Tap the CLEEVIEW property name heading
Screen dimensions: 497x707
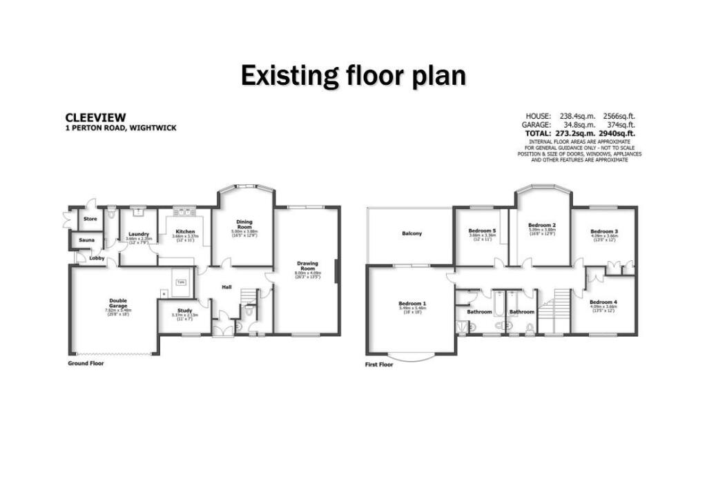(95, 118)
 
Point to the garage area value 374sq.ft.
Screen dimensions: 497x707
(619, 124)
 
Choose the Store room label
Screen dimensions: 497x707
(90, 219)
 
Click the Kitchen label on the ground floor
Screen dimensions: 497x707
(184, 231)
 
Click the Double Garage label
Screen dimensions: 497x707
(117, 302)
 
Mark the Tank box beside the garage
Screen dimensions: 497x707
(182, 282)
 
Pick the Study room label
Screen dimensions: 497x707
(184, 311)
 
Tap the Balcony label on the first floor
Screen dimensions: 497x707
(411, 234)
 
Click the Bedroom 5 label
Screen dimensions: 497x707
(482, 230)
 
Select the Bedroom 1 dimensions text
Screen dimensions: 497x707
(412, 309)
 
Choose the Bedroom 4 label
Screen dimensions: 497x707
(603, 302)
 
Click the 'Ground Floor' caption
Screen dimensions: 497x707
(86, 362)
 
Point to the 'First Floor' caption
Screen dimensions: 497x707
(379, 364)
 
